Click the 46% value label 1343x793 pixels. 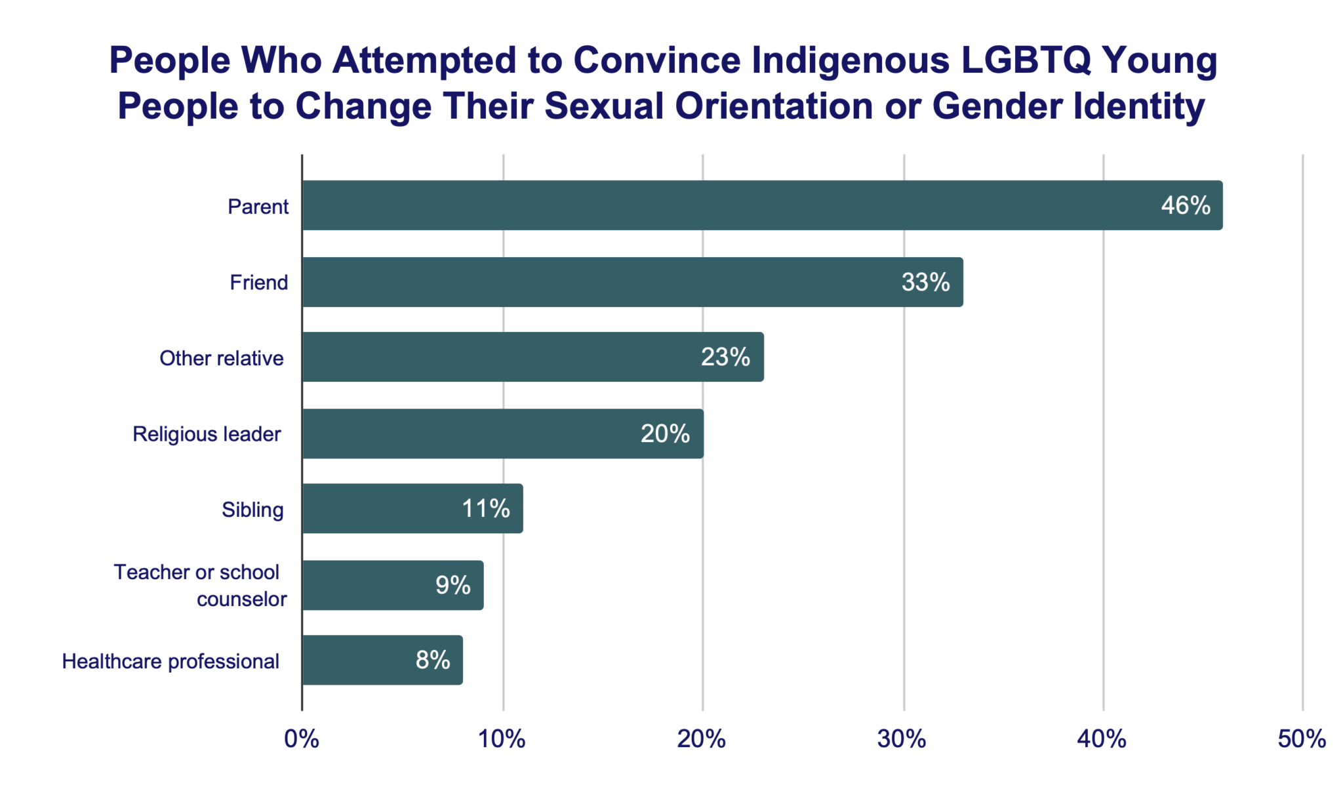pos(1185,205)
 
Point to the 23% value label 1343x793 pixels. pos(725,357)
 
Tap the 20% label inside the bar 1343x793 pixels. pos(665,434)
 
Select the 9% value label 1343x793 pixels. pos(452,585)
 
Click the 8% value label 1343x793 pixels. pos(433,660)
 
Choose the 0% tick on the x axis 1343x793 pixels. pos(302,739)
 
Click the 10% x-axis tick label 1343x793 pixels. pos(502,739)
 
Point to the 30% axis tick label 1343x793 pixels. pos(902,739)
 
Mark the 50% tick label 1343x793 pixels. pos(1302,739)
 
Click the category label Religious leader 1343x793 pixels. pos(207,434)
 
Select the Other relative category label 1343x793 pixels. pos(222,358)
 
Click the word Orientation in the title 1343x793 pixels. pos(774,106)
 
